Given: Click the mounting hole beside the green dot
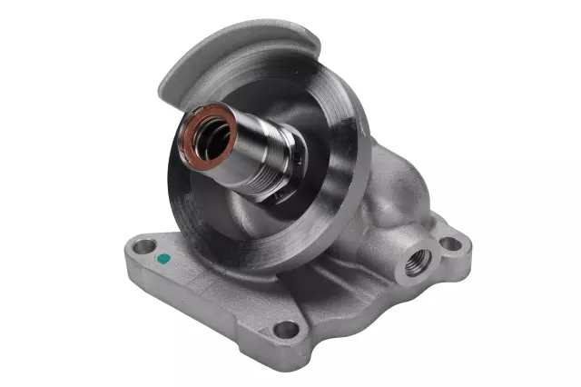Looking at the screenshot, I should coord(143,246).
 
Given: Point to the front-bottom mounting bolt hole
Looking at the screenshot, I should coord(287,328).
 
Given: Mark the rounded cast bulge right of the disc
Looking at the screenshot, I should coord(390,195).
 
